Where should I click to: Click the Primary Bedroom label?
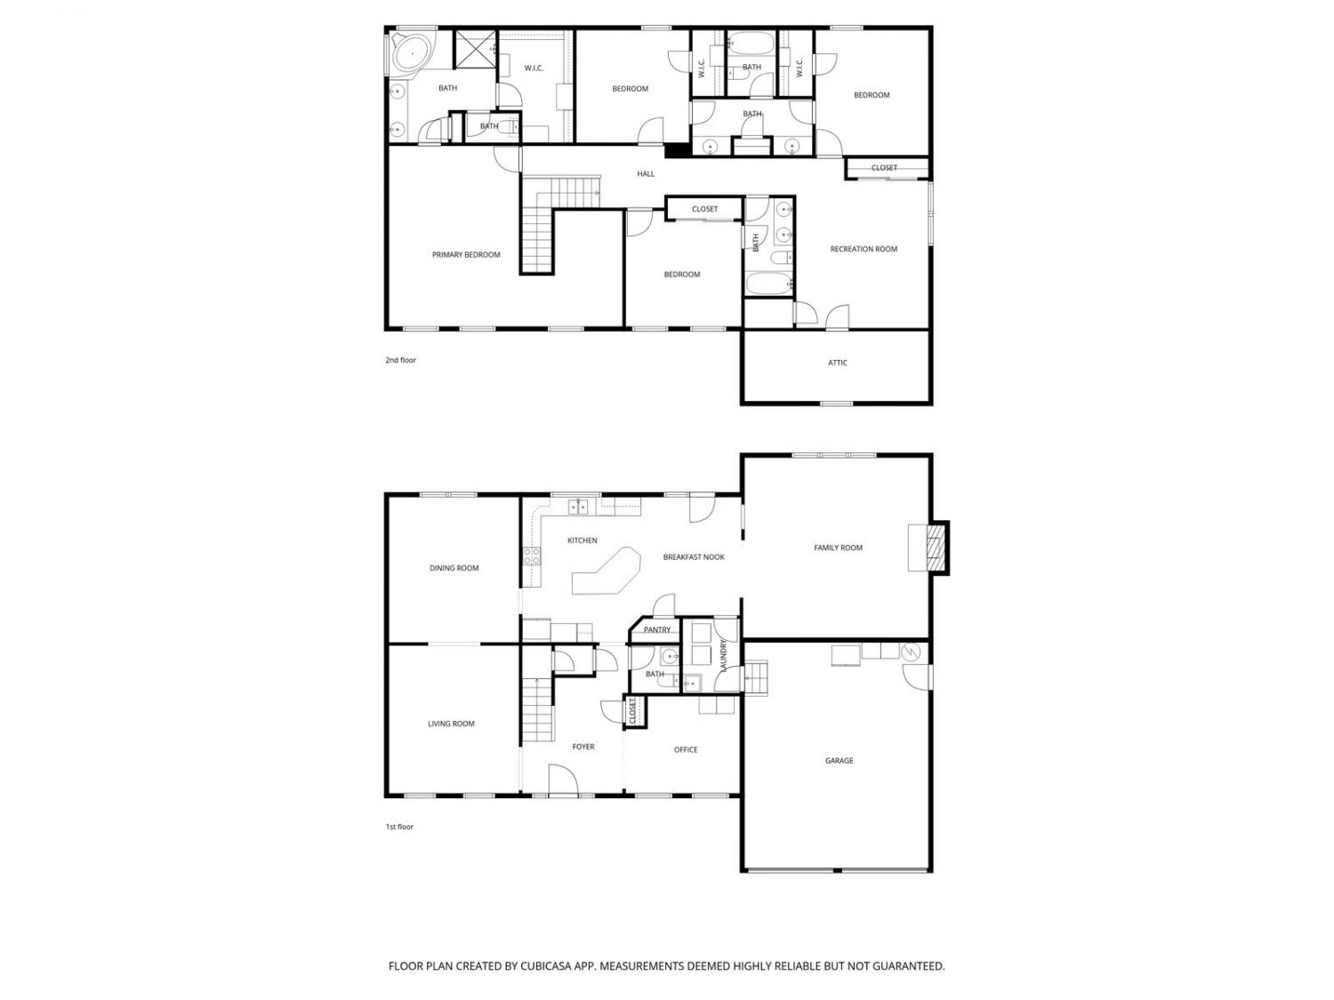tap(465, 255)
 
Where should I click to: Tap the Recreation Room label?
tap(863, 249)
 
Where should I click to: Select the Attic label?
tap(837, 363)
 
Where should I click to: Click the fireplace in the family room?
tap(936, 548)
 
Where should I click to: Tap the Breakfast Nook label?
tap(694, 556)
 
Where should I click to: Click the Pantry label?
tap(657, 629)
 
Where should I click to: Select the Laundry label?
tap(723, 655)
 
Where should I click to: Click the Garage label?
tap(839, 760)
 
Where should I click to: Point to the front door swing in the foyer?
tap(563, 779)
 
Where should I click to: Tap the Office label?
tap(686, 750)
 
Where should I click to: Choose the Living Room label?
tap(451, 724)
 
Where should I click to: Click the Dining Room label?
tap(454, 568)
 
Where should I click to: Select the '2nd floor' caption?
tap(400, 360)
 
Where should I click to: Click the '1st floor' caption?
tap(399, 827)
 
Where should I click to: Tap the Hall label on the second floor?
tap(646, 173)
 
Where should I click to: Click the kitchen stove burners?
tap(532, 556)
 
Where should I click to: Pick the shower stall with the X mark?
tap(476, 47)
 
